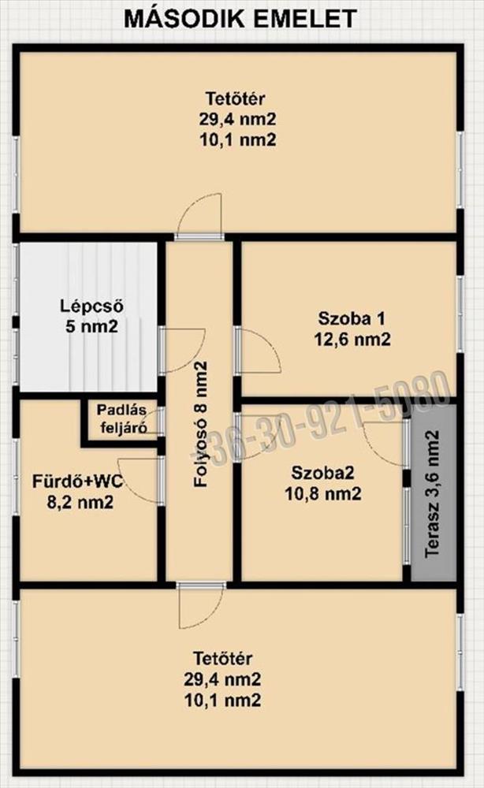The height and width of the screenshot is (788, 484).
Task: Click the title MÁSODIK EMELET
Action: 240,19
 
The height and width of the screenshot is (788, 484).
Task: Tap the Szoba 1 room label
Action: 352,318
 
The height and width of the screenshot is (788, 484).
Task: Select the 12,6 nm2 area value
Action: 352,340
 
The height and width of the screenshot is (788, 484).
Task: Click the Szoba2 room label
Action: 322,473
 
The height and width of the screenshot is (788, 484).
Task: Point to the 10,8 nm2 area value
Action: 322,494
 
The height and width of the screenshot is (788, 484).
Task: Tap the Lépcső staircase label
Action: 91,306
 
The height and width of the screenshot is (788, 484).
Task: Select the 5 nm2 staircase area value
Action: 91,327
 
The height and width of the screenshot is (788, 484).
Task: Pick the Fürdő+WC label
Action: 77,481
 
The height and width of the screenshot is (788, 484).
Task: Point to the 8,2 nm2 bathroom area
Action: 80,502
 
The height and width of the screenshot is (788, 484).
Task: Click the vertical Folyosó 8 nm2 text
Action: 200,425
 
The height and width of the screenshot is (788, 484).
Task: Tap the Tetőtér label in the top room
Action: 235,98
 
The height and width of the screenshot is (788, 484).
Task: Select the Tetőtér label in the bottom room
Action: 222,658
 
